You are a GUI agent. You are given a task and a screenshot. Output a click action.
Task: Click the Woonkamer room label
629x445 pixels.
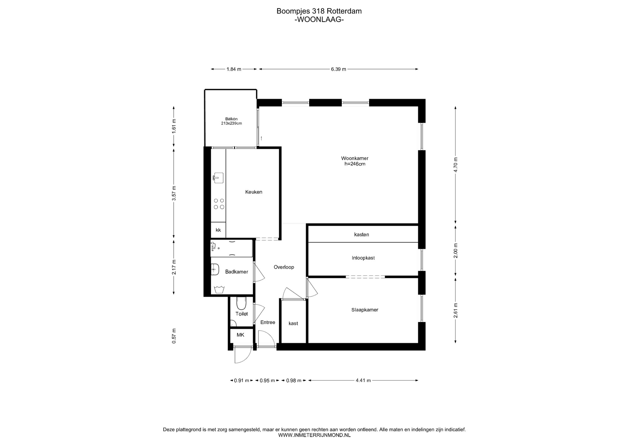(355, 158)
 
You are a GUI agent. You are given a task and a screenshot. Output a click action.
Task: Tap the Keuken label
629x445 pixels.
(254, 192)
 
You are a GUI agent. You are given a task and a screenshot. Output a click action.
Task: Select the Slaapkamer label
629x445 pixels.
(365, 310)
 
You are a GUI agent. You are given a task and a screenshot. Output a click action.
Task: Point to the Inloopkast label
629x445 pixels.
(363, 258)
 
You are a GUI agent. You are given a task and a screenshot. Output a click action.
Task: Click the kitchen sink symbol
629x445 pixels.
(218, 178)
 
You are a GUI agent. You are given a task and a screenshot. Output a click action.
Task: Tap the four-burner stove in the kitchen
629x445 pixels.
(219, 204)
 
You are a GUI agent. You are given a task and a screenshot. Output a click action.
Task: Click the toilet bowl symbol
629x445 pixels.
(241, 303)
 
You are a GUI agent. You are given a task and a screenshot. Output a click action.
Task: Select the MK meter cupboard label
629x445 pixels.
(240, 335)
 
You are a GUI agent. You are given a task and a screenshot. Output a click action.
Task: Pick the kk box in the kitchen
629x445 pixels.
(218, 230)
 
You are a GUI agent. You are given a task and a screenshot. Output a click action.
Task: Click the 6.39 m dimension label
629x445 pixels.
(338, 69)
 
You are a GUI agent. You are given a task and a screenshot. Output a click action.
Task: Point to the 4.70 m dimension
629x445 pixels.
(455, 165)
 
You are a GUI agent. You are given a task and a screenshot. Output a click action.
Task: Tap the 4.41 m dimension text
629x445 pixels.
(363, 380)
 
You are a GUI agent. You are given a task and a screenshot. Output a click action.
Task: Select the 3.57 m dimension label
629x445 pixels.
(174, 193)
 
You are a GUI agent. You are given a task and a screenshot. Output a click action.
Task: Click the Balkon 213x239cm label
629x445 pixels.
(231, 121)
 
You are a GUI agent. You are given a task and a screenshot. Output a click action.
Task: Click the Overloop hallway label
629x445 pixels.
(284, 267)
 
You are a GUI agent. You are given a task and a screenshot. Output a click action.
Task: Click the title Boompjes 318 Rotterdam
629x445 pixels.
(319, 11)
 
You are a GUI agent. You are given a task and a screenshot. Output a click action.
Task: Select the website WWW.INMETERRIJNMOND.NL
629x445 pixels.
(314, 435)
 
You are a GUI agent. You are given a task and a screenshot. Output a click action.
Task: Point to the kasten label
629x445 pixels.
(361, 235)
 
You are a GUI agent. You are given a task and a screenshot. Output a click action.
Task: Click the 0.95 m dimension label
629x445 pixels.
(267, 380)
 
